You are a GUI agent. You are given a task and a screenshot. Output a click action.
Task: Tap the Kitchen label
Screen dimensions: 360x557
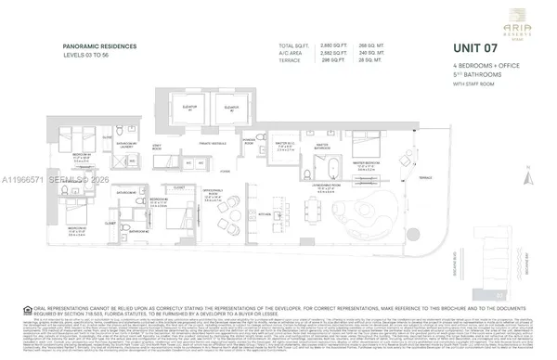pyautogui.click(x=264, y=212)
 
